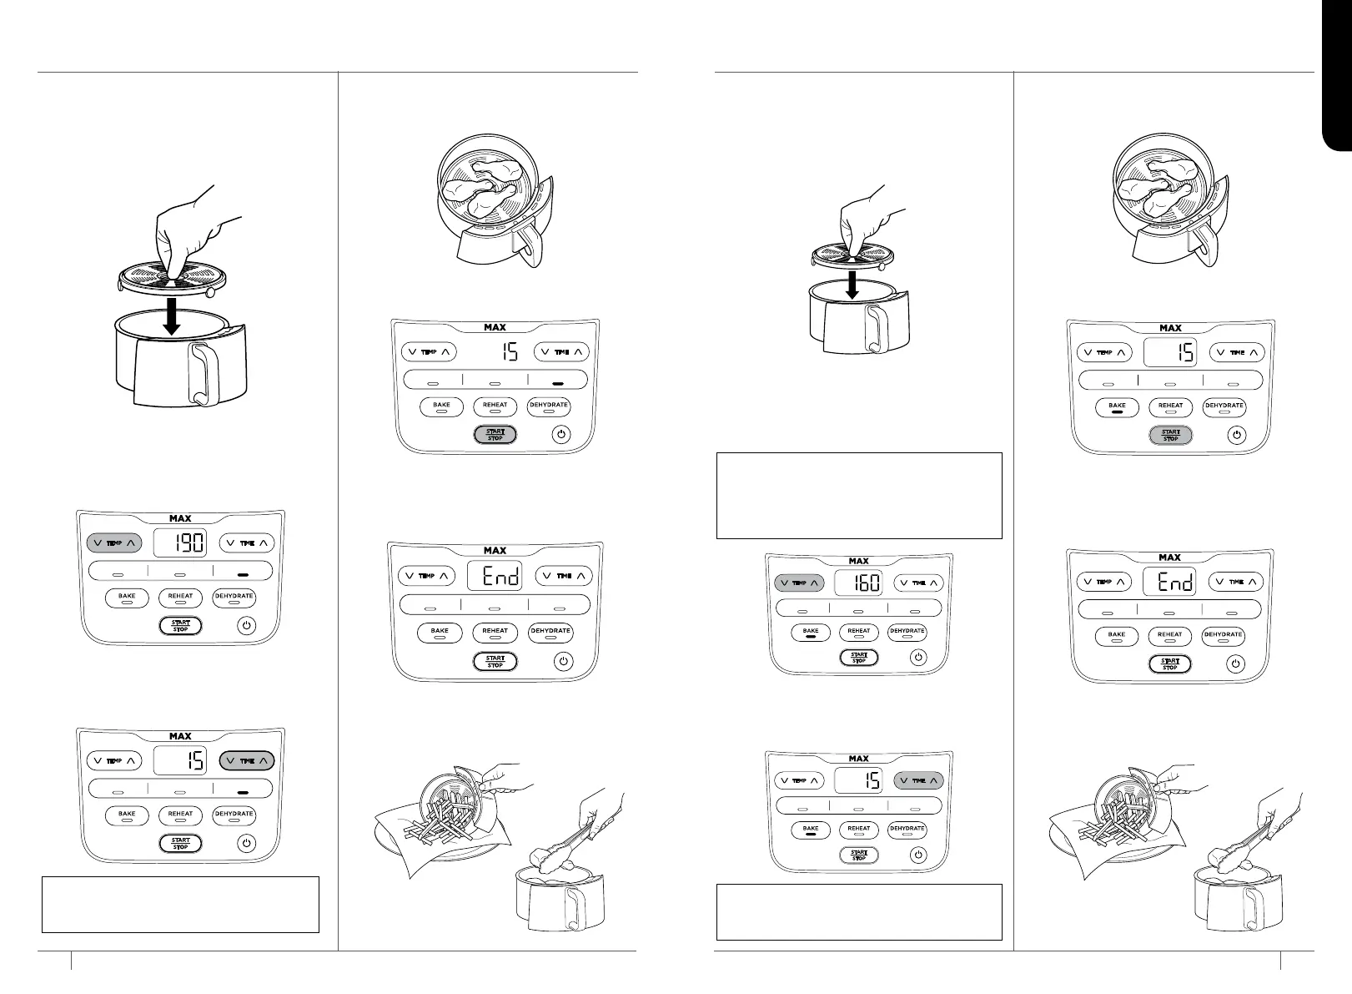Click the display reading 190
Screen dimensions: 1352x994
[x=180, y=543]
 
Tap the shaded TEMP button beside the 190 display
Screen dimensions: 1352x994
[x=114, y=543]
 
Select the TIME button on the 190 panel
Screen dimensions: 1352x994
[x=247, y=543]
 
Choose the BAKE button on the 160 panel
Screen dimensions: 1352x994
[x=811, y=632]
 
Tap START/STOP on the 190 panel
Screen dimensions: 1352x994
[x=180, y=625]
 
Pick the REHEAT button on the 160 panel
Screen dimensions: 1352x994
[x=858, y=632]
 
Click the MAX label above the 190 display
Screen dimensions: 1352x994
[x=180, y=519]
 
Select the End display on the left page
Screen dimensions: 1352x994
[x=495, y=576]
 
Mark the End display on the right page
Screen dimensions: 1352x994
[x=1170, y=582]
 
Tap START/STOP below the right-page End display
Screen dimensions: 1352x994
[x=1170, y=664]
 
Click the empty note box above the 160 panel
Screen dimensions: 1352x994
[x=859, y=496]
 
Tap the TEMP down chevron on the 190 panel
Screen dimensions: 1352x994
[x=97, y=543]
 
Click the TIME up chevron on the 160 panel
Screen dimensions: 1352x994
[x=934, y=583]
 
